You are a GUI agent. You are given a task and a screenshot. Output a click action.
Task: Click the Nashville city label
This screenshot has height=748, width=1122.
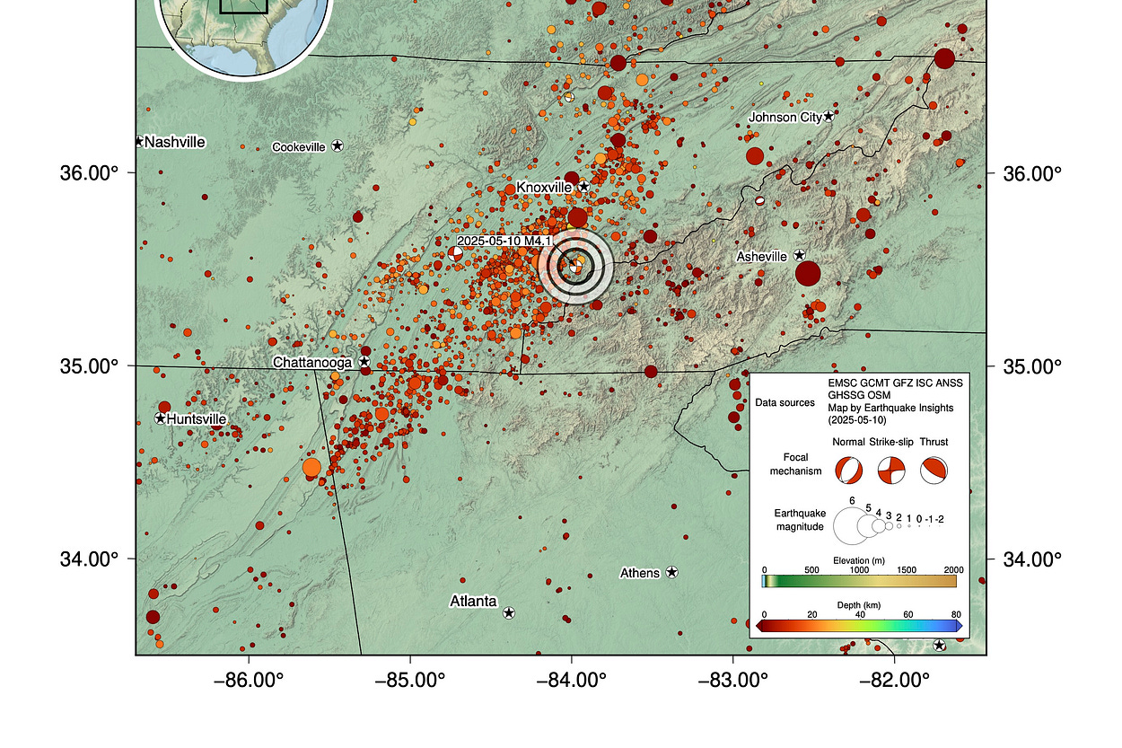click(174, 142)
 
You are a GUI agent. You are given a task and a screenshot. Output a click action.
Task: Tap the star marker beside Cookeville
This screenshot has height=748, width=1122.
click(337, 145)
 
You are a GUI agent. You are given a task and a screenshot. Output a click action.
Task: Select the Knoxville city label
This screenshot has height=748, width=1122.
click(544, 187)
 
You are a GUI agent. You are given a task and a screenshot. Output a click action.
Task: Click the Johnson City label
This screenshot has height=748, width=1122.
click(785, 117)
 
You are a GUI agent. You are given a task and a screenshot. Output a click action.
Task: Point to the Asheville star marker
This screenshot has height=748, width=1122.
click(799, 255)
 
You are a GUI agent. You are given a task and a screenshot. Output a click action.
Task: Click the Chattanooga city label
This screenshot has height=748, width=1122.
click(314, 362)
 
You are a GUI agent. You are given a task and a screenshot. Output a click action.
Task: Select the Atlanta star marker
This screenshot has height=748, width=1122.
click(509, 612)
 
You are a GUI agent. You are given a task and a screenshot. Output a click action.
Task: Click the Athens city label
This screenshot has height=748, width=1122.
click(640, 573)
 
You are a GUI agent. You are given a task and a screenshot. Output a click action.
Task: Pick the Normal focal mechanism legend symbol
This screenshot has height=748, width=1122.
click(847, 470)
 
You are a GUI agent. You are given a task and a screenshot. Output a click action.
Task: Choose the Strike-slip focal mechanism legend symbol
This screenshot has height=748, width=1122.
click(890, 470)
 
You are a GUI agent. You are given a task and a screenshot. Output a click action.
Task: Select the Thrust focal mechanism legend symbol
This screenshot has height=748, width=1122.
click(934, 470)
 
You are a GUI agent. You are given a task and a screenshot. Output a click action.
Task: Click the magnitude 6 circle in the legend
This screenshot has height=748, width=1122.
click(852, 526)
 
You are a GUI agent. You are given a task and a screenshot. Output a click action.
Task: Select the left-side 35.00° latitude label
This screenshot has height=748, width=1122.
click(90, 366)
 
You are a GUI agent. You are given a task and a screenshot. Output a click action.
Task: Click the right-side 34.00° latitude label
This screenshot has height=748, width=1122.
click(1031, 559)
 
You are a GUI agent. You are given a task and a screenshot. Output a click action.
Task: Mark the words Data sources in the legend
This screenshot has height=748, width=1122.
click(785, 402)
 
